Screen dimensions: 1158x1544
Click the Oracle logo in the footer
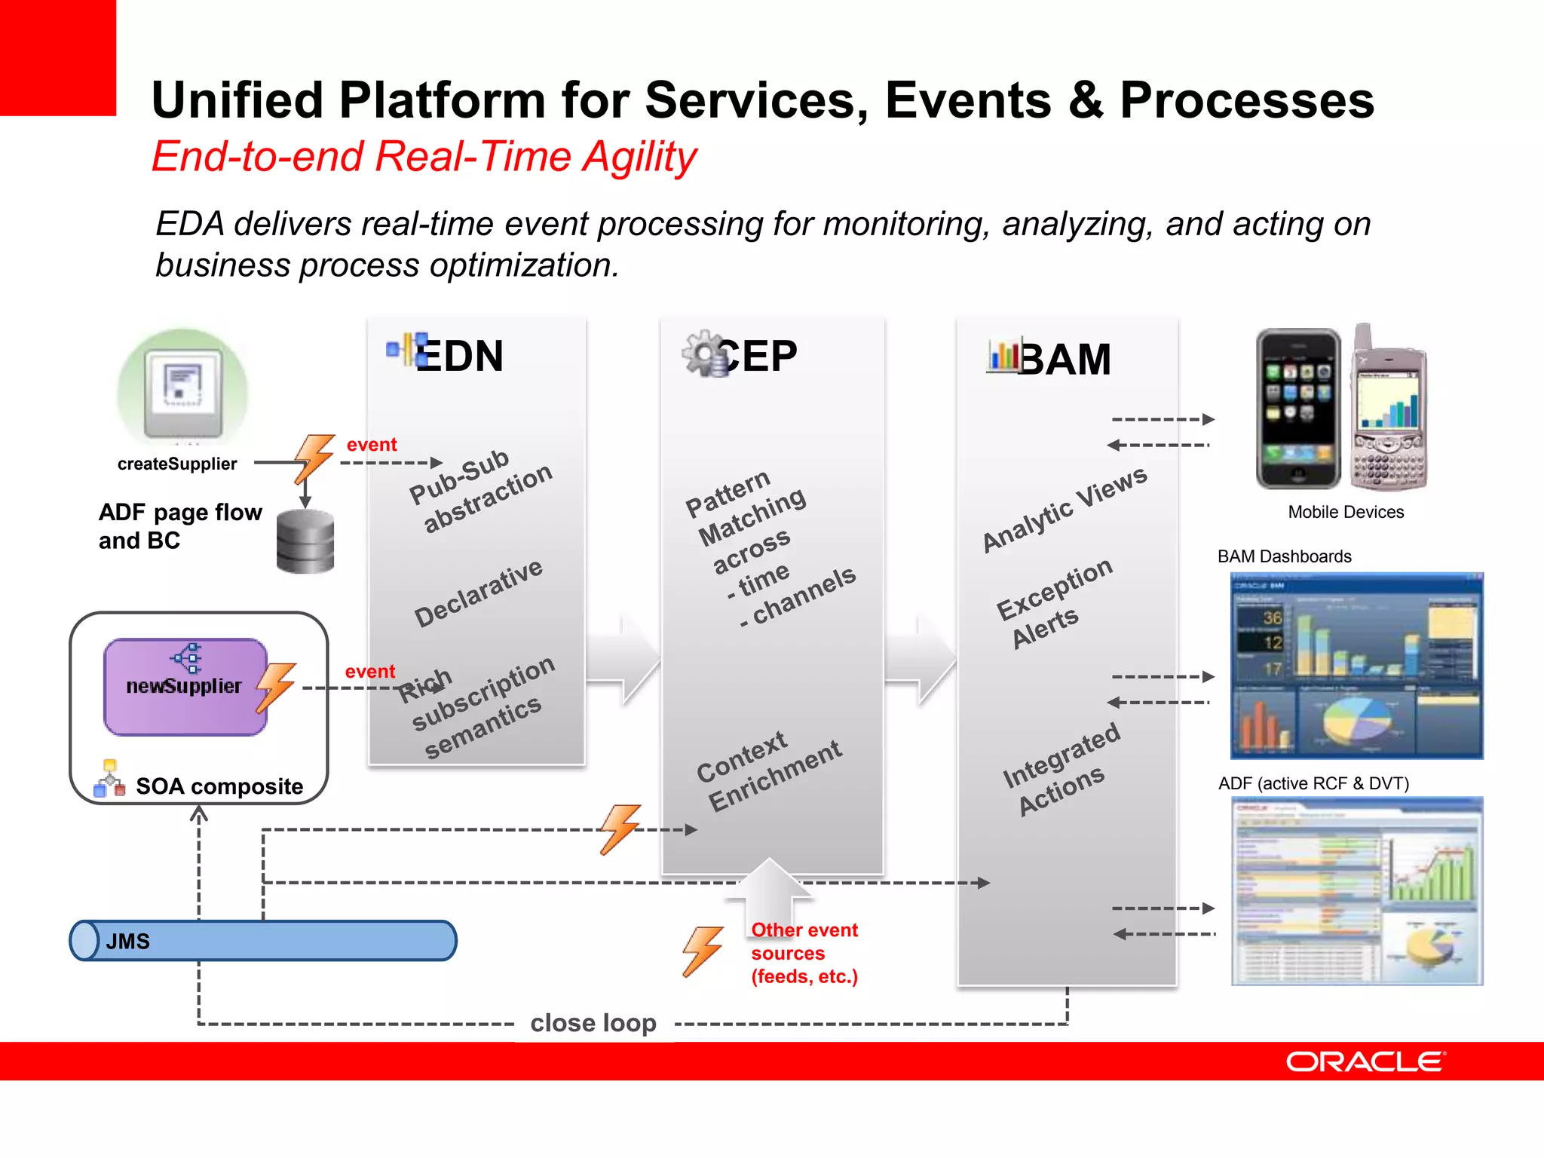(x=1365, y=1061)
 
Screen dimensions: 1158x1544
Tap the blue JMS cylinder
(x=264, y=941)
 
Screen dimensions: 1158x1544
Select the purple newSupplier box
(x=185, y=687)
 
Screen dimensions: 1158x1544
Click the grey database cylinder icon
(x=305, y=541)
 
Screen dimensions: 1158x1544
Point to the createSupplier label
(x=177, y=464)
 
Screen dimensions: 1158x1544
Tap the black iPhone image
(x=1297, y=409)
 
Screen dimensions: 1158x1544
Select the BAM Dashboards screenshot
(x=1356, y=666)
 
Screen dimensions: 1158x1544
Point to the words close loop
(x=593, y=1023)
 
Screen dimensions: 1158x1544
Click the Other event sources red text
(x=804, y=953)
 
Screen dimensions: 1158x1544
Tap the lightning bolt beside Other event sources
(x=702, y=951)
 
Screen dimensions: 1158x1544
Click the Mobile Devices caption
(x=1346, y=512)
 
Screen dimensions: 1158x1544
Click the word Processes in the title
(x=1246, y=100)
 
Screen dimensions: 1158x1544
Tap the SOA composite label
(x=219, y=786)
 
